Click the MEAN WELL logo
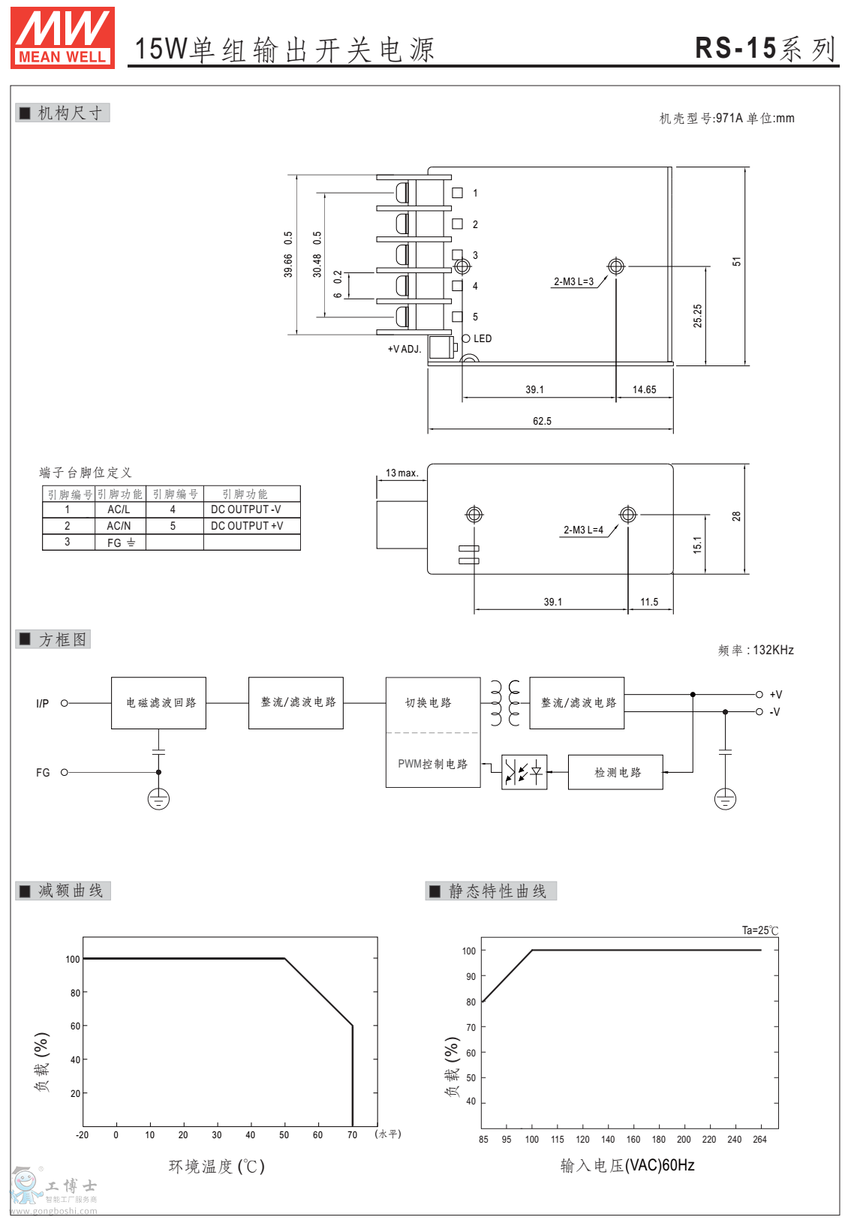tap(62, 38)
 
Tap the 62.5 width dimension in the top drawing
tap(542, 422)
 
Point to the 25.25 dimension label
tap(698, 316)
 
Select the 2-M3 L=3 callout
tap(574, 282)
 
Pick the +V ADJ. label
tap(404, 349)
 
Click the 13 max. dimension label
tap(401, 473)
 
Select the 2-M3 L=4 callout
tap(583, 530)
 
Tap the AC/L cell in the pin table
tap(119, 509)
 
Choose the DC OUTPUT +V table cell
tap(247, 526)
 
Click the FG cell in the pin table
tap(120, 542)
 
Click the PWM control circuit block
tap(432, 764)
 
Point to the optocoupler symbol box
tap(524, 772)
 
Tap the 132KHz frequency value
tap(773, 651)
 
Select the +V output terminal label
tap(776, 695)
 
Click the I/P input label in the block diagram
tap(43, 704)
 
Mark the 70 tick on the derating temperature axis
tap(352, 1135)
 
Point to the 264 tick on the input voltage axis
tap(759, 1140)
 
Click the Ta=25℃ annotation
tap(759, 930)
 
